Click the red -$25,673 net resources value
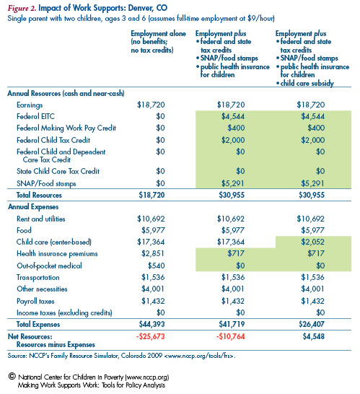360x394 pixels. (151, 336)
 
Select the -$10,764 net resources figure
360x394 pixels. (230, 336)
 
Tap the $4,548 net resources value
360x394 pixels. (314, 336)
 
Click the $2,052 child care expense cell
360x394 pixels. (313, 242)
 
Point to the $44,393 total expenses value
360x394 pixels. (152, 324)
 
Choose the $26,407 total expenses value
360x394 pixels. (312, 324)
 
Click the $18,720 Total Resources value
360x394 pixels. (152, 195)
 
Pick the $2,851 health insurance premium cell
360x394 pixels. (153, 253)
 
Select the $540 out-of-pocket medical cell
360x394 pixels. (157, 266)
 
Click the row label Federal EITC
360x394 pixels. (35, 116)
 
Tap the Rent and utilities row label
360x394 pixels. (41, 219)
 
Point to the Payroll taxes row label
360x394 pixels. (35, 301)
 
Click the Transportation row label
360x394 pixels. (38, 277)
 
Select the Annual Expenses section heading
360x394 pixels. (33, 207)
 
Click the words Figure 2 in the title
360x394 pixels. (22, 8)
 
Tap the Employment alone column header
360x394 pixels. (158, 33)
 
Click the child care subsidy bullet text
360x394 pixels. (307, 83)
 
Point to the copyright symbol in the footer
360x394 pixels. (12, 376)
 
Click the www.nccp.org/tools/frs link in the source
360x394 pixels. (200, 356)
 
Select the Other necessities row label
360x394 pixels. (42, 289)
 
